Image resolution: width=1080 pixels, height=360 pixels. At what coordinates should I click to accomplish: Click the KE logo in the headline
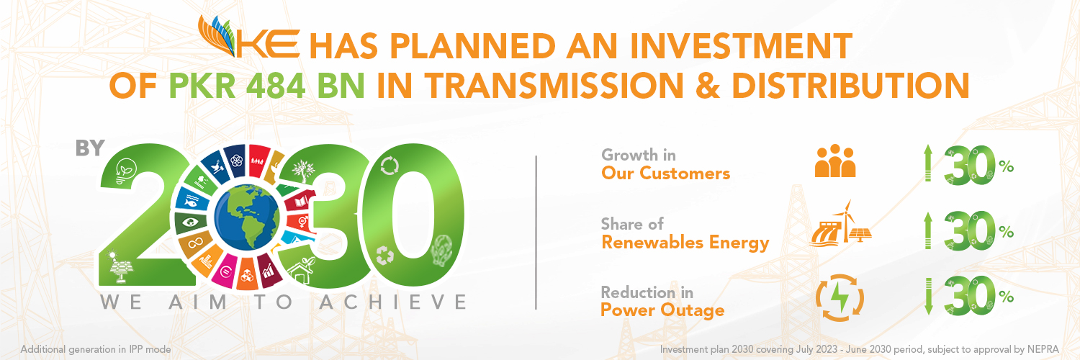249,37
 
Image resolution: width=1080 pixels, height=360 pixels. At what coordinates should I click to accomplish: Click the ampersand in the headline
707,86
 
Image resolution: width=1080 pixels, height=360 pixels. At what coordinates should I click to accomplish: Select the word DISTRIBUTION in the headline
850,86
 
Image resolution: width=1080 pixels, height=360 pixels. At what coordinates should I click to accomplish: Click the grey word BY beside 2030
90,148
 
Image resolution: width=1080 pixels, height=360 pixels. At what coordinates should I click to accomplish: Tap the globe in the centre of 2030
246,217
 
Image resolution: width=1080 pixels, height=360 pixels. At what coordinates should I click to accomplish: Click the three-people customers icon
835,161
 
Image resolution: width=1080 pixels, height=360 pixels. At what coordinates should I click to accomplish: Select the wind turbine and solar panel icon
841,224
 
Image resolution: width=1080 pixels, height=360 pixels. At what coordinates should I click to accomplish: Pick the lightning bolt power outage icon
840,298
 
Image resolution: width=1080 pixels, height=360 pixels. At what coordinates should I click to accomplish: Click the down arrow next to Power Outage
928,296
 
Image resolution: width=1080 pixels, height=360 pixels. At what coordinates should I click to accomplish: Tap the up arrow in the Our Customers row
928,163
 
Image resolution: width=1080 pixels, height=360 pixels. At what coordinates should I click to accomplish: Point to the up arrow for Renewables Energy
928,230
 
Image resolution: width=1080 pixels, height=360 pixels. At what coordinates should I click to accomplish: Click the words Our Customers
665,174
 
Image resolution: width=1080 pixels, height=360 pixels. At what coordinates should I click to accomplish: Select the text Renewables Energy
685,243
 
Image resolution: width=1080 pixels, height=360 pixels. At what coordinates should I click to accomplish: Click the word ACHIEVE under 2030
393,302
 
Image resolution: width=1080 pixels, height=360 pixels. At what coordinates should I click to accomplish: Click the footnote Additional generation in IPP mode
96,350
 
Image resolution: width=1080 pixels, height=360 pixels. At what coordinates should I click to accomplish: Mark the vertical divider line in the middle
536,233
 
